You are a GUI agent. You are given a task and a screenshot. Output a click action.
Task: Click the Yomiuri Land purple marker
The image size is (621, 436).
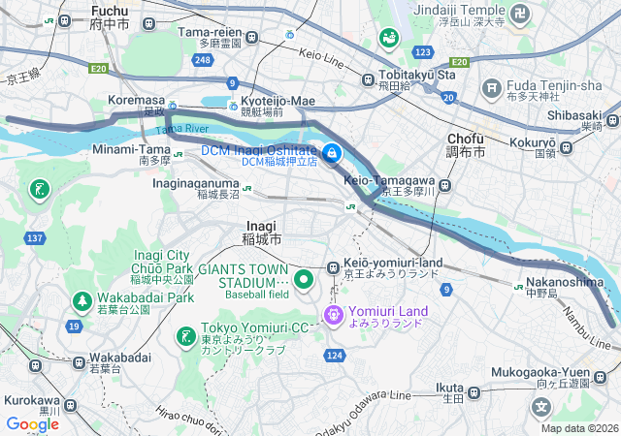pos(334,314)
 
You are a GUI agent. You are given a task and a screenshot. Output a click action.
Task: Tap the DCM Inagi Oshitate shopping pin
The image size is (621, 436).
pos(331,153)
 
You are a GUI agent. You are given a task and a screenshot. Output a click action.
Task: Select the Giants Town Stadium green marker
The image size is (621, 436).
pos(303,280)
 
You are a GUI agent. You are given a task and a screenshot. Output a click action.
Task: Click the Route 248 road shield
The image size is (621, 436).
pos(202,60)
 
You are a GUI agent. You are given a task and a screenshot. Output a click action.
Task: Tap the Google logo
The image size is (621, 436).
pos(33,423)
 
